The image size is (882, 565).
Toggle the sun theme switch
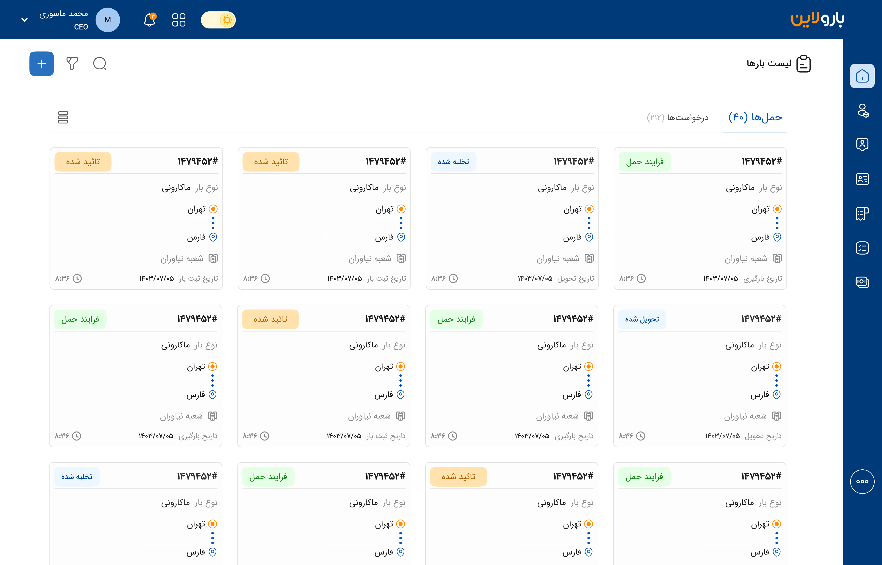tap(218, 20)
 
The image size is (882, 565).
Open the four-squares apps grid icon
tap(179, 20)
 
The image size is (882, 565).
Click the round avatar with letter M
tap(108, 20)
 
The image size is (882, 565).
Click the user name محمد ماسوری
tap(64, 14)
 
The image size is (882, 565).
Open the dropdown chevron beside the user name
tap(25, 20)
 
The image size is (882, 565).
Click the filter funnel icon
tap(72, 64)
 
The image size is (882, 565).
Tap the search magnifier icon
tap(100, 64)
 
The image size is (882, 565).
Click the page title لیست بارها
tap(769, 64)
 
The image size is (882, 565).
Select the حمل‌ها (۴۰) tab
tap(755, 117)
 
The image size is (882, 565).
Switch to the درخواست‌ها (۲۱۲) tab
tap(677, 117)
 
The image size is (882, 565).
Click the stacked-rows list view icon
tap(63, 117)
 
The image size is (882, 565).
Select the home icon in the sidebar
tap(862, 76)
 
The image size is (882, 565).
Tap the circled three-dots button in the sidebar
tap(862, 482)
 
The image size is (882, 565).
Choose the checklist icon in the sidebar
tap(862, 248)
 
